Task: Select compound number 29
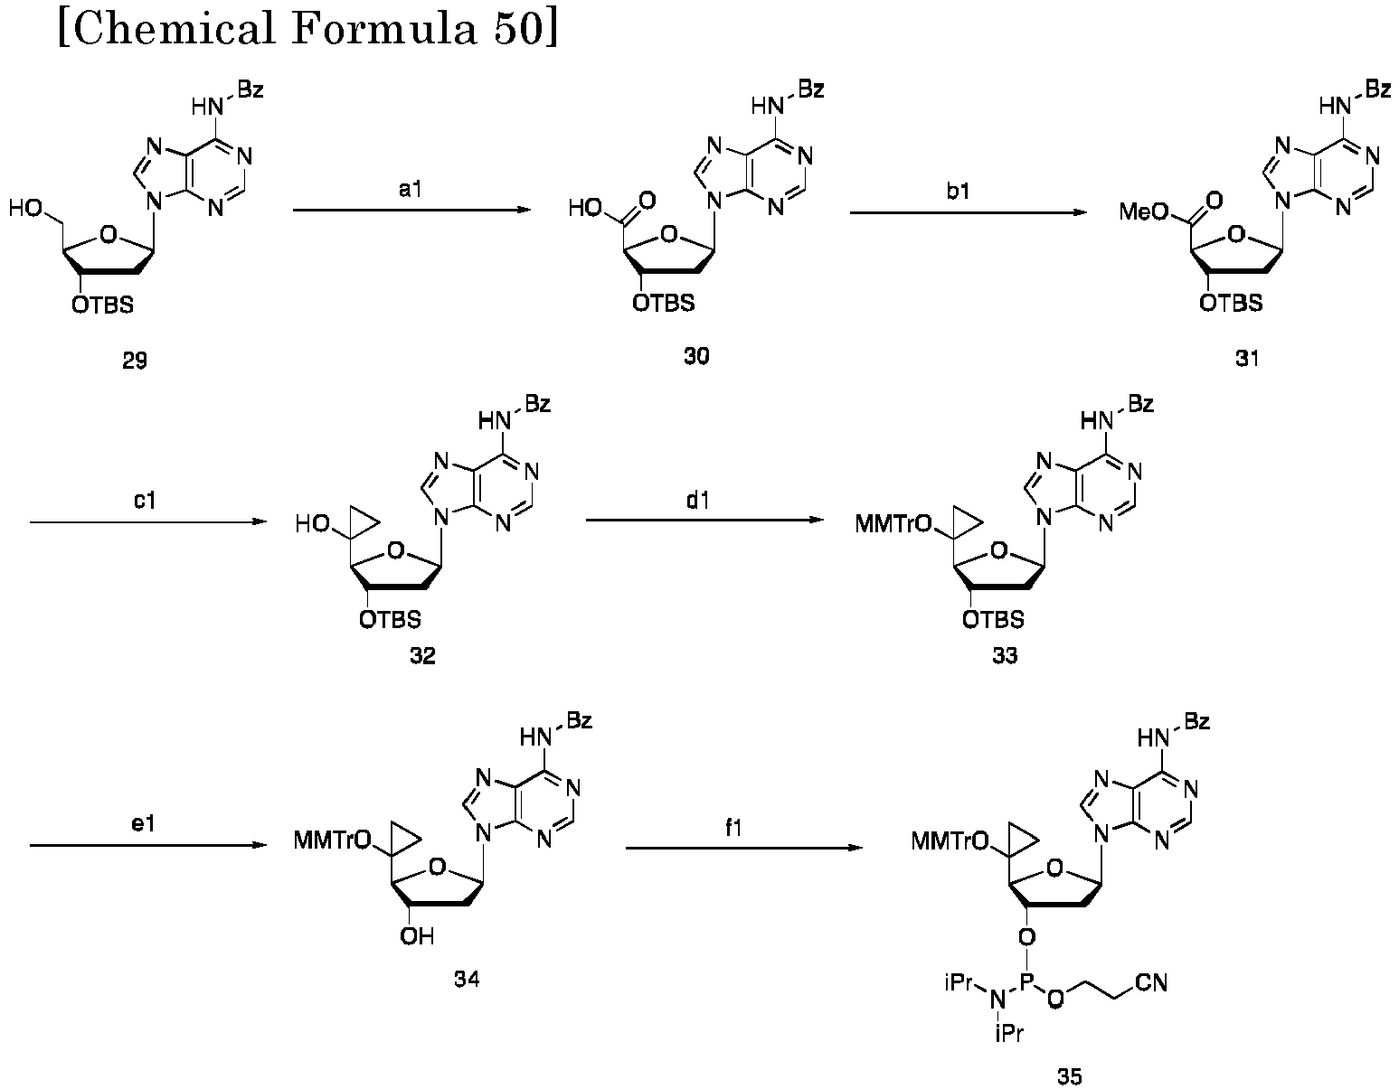pos(135,361)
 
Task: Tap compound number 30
pos(696,356)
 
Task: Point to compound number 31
pos(1247,358)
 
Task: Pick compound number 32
pos(422,655)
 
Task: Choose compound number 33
pos(1005,655)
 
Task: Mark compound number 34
pos(467,979)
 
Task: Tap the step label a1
pos(410,189)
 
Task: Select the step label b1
pos(959,191)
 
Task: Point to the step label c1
pos(145,500)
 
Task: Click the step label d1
pos(698,500)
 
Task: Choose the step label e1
pos(143,823)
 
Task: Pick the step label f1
pos(733,827)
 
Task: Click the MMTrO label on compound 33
pos(893,524)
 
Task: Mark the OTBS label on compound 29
pos(102,305)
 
